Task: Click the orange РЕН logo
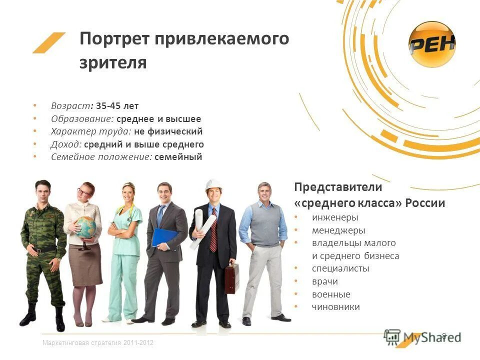(x=432, y=45)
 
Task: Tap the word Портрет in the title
(x=113, y=39)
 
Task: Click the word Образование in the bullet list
(x=82, y=119)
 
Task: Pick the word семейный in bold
(x=178, y=157)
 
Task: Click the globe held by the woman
(x=85, y=226)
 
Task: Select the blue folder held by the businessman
(x=164, y=237)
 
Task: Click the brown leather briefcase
(x=231, y=278)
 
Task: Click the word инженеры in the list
(x=335, y=217)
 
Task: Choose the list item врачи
(x=324, y=281)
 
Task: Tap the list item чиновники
(x=335, y=307)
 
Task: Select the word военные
(x=331, y=294)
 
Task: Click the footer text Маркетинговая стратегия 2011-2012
(x=98, y=342)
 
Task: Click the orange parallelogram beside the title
(x=49, y=42)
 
